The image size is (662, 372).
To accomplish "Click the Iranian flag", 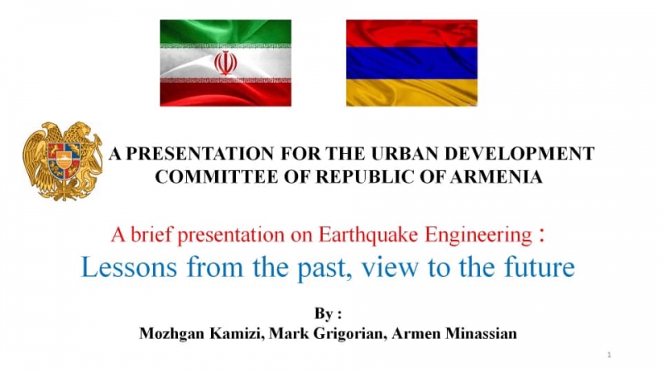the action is click(225, 63).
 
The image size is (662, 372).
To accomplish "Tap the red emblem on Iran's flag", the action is click(225, 64).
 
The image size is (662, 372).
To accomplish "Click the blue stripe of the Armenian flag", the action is click(411, 63).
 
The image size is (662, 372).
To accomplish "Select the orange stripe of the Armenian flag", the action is click(411, 93).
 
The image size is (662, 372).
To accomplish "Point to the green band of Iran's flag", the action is click(225, 31).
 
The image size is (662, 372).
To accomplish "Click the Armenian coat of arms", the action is click(63, 161).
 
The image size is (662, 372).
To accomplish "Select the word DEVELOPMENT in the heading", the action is click(520, 154).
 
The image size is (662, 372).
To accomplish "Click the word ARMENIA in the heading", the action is click(496, 177).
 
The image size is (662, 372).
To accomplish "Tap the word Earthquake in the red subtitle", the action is click(368, 235).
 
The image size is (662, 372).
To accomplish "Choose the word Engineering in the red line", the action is click(478, 236).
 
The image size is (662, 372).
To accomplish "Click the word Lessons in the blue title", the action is click(129, 267).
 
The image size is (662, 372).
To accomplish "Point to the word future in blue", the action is click(540, 267).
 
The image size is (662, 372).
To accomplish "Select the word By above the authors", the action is click(324, 314).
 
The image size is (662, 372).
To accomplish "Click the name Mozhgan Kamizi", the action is click(202, 334).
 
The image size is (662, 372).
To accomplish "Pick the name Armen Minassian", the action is click(454, 334).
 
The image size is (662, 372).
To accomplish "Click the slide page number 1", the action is click(609, 355).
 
